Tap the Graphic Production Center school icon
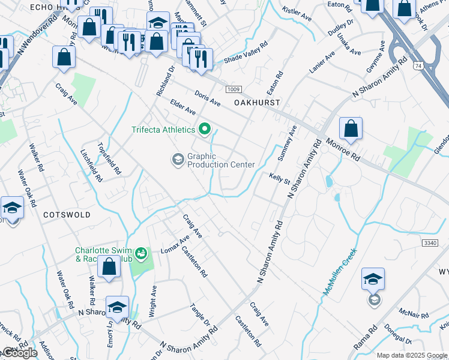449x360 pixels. [178, 159]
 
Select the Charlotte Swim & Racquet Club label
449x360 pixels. [102, 254]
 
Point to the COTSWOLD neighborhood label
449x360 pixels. [67, 215]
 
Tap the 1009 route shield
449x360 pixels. [234, 89]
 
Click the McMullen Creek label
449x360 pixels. [340, 272]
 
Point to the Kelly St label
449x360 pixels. [280, 178]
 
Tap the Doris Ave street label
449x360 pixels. [208, 96]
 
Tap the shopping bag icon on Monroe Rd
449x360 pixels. [351, 129]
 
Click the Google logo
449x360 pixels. [19, 353]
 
